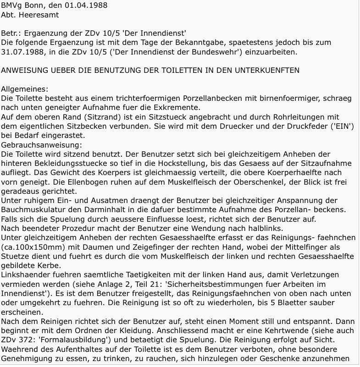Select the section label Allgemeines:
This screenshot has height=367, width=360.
(x=24, y=89)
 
